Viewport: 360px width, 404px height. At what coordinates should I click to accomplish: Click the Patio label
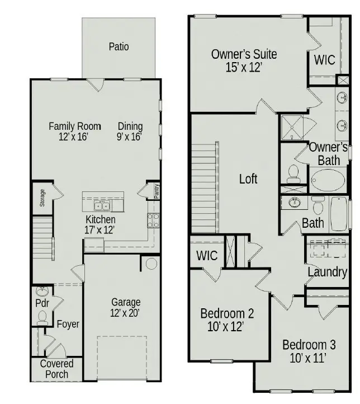(x=119, y=46)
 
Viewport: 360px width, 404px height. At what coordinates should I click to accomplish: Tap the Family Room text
(x=74, y=126)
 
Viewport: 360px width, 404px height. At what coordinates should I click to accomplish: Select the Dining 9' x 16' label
(x=130, y=131)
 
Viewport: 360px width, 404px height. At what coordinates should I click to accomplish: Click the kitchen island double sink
(x=103, y=205)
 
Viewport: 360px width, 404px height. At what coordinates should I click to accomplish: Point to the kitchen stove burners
(x=153, y=219)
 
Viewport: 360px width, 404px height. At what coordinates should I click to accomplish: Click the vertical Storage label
(x=42, y=197)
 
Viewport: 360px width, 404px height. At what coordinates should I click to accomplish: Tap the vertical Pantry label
(x=157, y=191)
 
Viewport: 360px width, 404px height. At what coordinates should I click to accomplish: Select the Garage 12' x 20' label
(x=126, y=308)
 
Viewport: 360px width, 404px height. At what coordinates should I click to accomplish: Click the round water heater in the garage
(x=151, y=264)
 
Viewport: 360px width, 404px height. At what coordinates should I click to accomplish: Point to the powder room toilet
(x=42, y=317)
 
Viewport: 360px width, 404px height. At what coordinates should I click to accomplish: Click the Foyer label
(x=68, y=324)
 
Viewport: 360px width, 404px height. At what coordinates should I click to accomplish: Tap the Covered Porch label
(x=56, y=369)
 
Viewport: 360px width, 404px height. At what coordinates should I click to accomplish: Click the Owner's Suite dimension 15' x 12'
(x=244, y=67)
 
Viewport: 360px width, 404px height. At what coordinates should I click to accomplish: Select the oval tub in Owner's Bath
(x=328, y=181)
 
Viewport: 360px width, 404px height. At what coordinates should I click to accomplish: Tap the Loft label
(x=248, y=179)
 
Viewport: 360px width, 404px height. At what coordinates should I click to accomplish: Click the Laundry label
(x=328, y=273)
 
